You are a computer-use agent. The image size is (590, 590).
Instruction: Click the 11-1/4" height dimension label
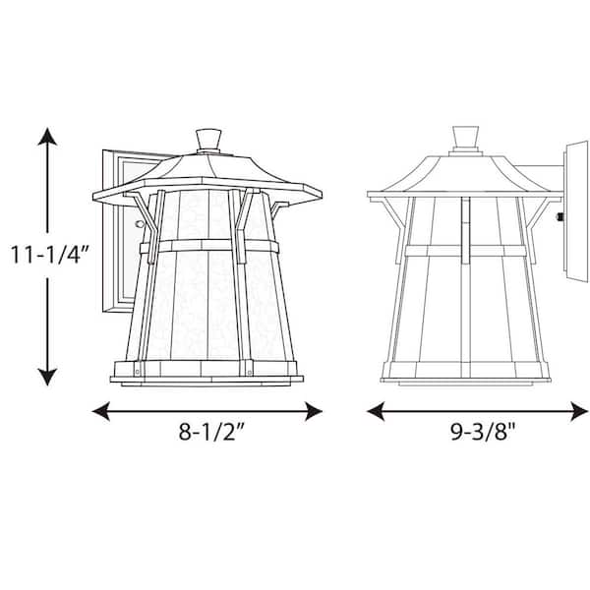[x=50, y=255]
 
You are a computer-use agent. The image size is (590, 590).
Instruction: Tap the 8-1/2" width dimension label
[x=211, y=432]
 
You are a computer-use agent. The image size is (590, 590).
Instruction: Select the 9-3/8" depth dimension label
[x=483, y=432]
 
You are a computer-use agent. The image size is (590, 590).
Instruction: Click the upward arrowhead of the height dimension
[x=47, y=137]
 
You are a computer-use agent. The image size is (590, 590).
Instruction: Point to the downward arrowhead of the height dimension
[x=47, y=377]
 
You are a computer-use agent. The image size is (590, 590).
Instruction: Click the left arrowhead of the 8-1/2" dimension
[x=101, y=411]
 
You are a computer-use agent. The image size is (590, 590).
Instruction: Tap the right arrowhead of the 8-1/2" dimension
[x=314, y=411]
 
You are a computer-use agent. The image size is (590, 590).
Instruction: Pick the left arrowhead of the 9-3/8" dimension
[x=376, y=411]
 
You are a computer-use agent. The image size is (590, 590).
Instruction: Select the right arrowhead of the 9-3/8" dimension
[x=579, y=411]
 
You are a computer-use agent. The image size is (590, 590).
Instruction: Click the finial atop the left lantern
[x=208, y=140]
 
